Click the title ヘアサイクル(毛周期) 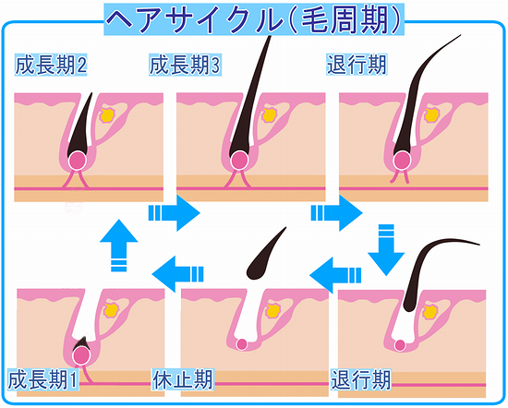(x=254, y=19)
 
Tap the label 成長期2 (x=51, y=66)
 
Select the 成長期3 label (x=185, y=66)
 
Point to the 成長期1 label (x=43, y=379)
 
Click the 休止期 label (x=183, y=379)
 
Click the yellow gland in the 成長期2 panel (x=107, y=115)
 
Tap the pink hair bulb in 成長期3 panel (x=240, y=161)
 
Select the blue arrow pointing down (x=386, y=249)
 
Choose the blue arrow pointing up (x=119, y=246)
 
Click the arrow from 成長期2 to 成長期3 (x=175, y=212)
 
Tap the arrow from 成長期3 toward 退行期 (x=336, y=212)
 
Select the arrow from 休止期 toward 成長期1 (x=178, y=274)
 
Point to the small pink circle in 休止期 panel (x=242, y=344)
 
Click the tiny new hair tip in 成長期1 (x=81, y=342)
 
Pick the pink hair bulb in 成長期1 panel (x=81, y=356)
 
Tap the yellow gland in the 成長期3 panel (x=270, y=115)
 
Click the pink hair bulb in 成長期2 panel (x=77, y=161)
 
